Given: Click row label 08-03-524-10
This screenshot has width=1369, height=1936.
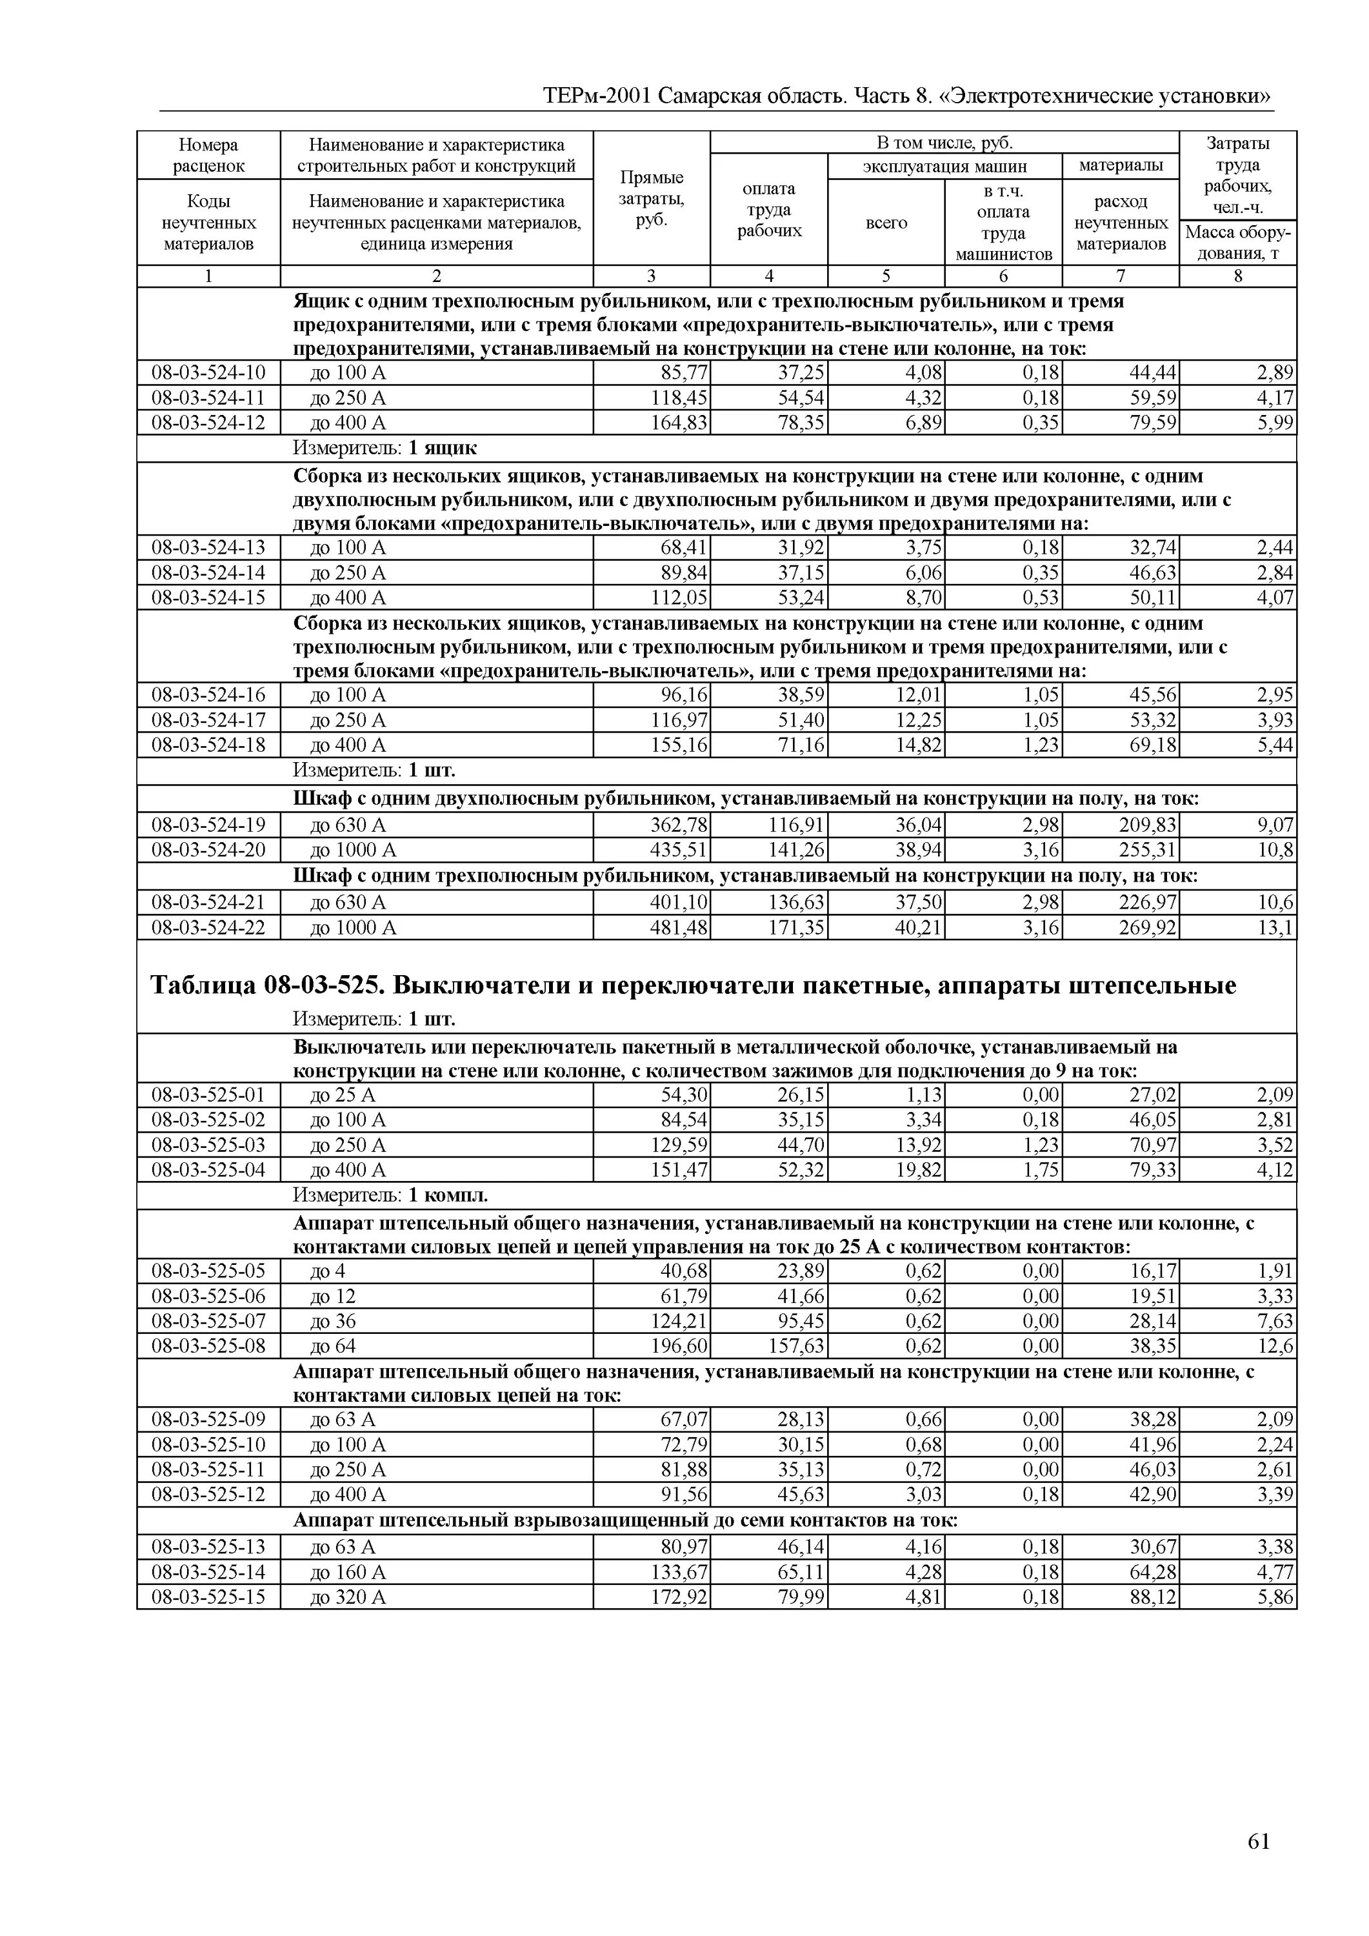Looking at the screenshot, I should [208, 373].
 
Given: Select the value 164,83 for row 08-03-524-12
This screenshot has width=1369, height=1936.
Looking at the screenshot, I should [679, 423].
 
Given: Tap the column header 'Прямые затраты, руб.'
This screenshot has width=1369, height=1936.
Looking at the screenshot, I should [651, 199].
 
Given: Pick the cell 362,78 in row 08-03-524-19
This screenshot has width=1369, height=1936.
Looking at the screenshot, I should [679, 825].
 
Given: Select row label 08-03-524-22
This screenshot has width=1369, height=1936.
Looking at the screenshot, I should [208, 927].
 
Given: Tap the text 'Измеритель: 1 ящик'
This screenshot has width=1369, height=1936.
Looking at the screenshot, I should [385, 448].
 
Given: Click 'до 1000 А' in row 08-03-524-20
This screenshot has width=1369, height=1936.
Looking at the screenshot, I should [353, 850].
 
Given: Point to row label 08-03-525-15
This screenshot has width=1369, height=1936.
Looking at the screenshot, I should [208, 1597].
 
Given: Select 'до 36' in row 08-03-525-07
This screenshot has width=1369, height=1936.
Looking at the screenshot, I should [333, 1320].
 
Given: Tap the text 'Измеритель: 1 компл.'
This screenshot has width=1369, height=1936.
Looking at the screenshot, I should [390, 1196].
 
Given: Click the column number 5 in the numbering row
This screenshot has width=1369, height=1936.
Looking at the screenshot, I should [886, 277].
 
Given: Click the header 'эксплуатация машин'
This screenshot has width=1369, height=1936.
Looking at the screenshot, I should [944, 166].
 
